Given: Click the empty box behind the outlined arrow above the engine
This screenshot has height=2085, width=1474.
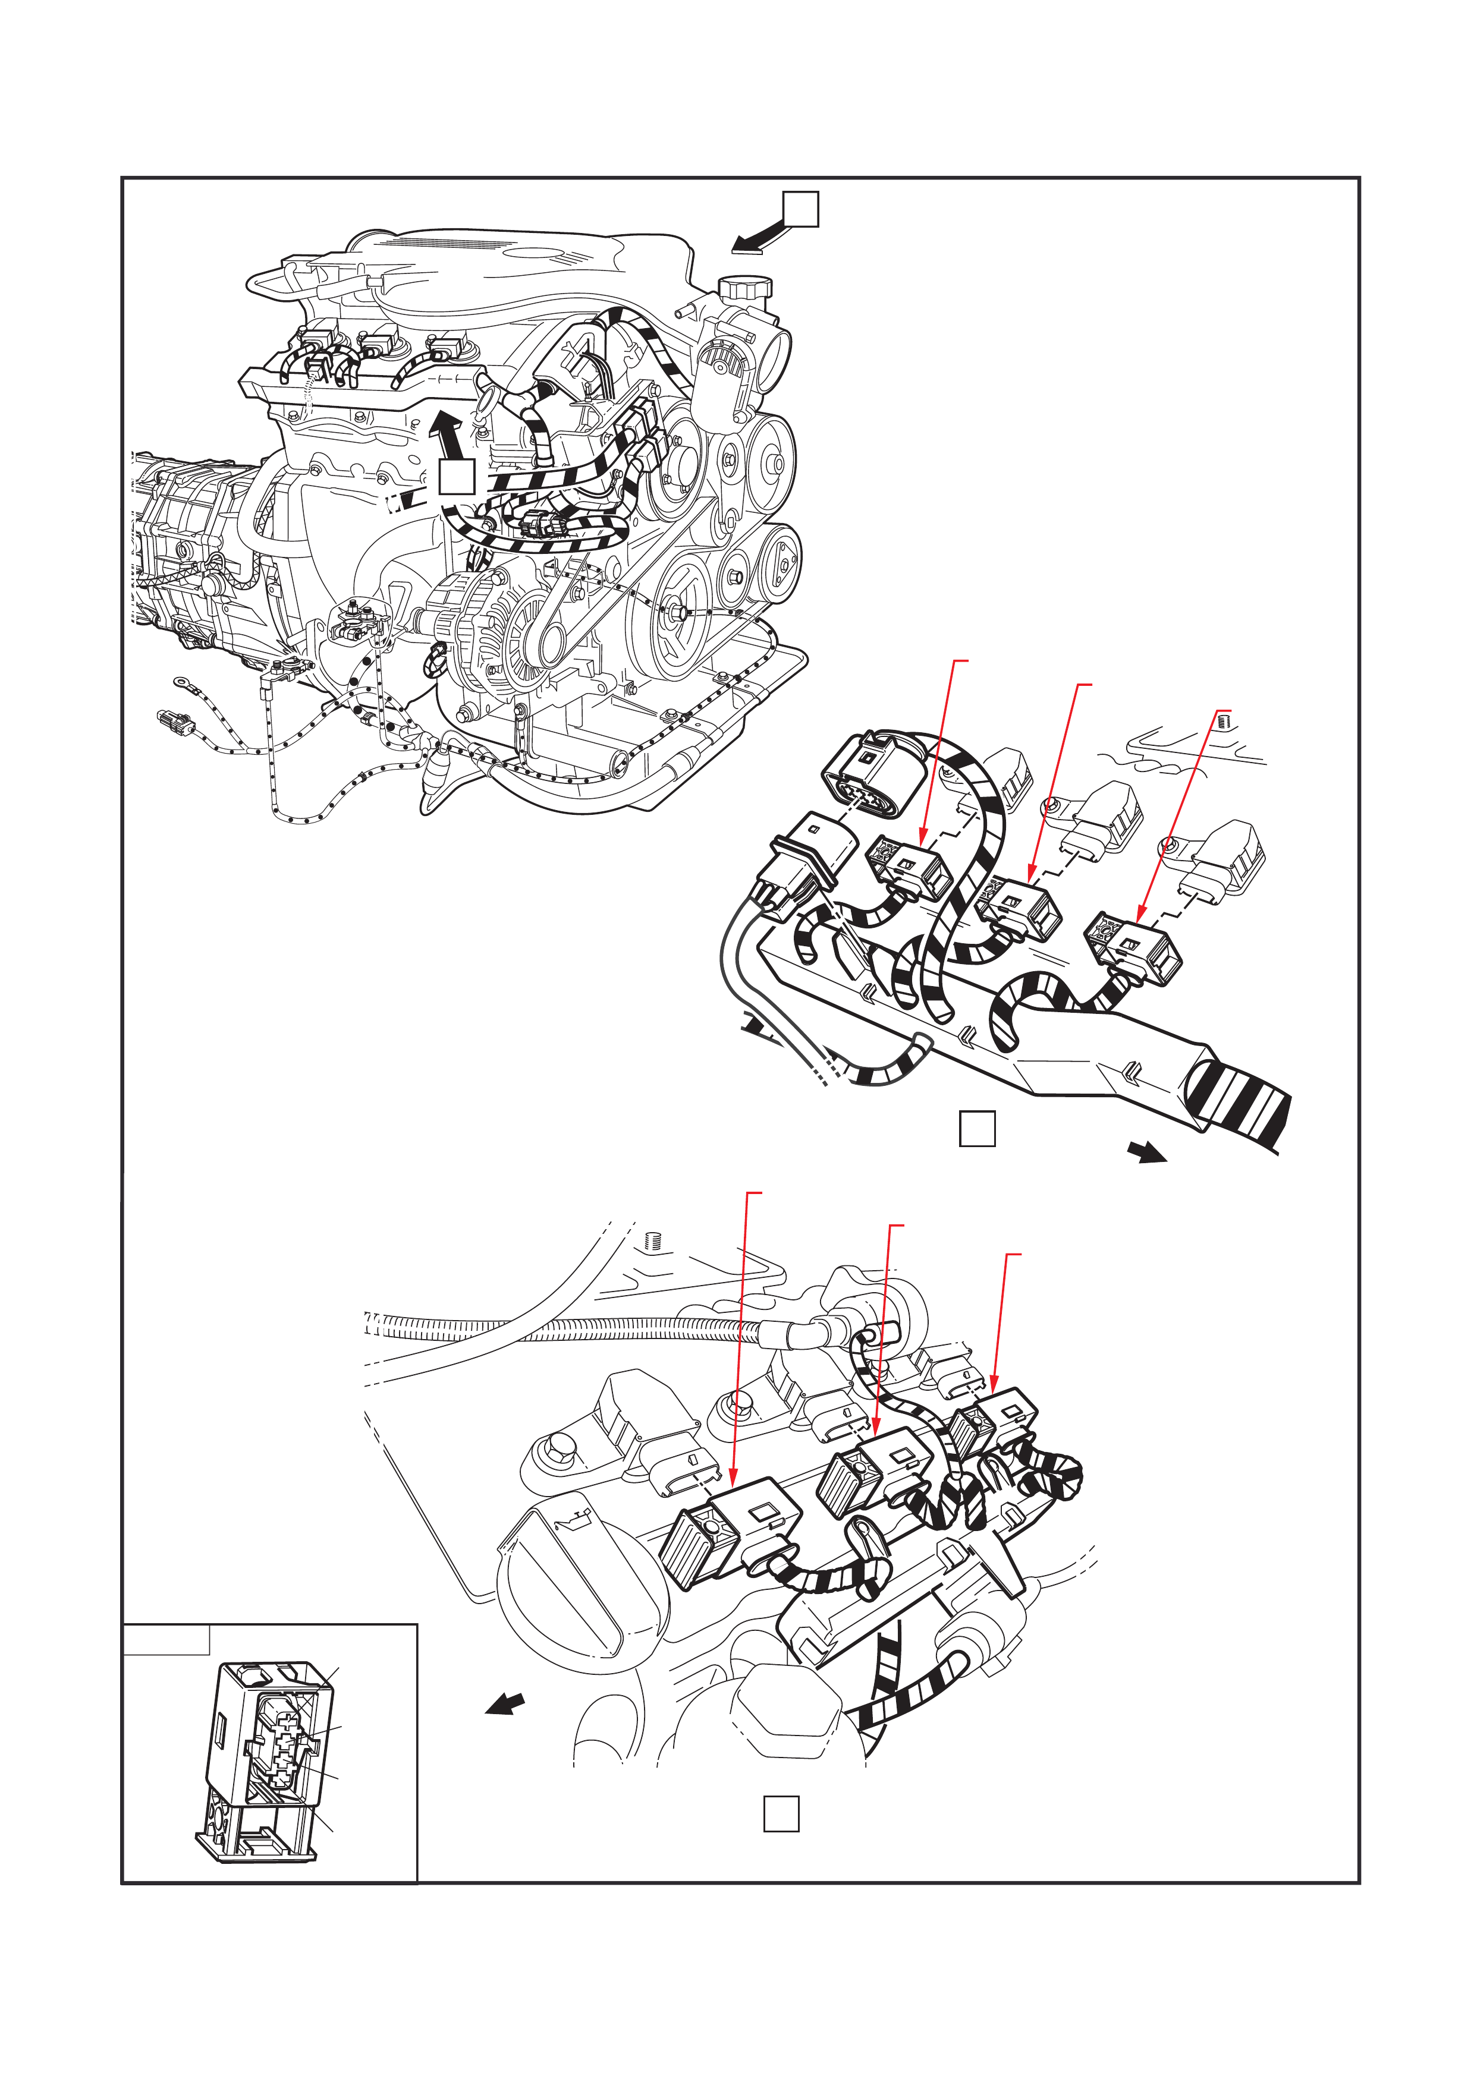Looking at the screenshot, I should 801,209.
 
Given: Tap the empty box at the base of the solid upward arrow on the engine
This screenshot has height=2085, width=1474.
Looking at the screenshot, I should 456,477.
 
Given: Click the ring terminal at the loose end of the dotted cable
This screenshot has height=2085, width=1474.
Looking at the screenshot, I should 181,681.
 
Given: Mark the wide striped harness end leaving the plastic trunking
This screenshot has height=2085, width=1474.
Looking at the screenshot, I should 1240,1103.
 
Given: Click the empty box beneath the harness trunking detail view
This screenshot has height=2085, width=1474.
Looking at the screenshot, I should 978,1129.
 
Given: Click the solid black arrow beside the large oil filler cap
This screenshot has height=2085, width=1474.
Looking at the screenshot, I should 506,1705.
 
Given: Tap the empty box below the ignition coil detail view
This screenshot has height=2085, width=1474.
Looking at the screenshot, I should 781,1813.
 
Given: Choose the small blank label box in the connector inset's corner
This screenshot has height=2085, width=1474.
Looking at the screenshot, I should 166,1640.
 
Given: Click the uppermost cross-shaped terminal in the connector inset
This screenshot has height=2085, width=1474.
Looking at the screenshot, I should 284,1719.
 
